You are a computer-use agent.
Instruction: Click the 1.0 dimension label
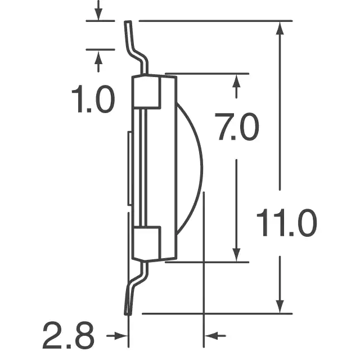point(93,99)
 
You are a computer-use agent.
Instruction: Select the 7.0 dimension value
point(237,127)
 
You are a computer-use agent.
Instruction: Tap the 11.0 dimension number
point(287,223)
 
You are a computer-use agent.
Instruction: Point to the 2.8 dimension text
point(69,335)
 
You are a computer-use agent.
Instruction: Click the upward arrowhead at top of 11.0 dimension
point(280,28)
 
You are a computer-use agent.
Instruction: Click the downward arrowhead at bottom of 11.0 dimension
point(280,307)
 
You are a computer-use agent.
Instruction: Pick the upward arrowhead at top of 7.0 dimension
point(236,81)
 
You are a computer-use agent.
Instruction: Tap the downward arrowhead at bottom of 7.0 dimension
point(236,255)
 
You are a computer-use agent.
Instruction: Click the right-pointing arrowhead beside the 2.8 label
point(121,336)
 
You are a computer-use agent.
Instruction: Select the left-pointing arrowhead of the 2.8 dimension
point(211,336)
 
